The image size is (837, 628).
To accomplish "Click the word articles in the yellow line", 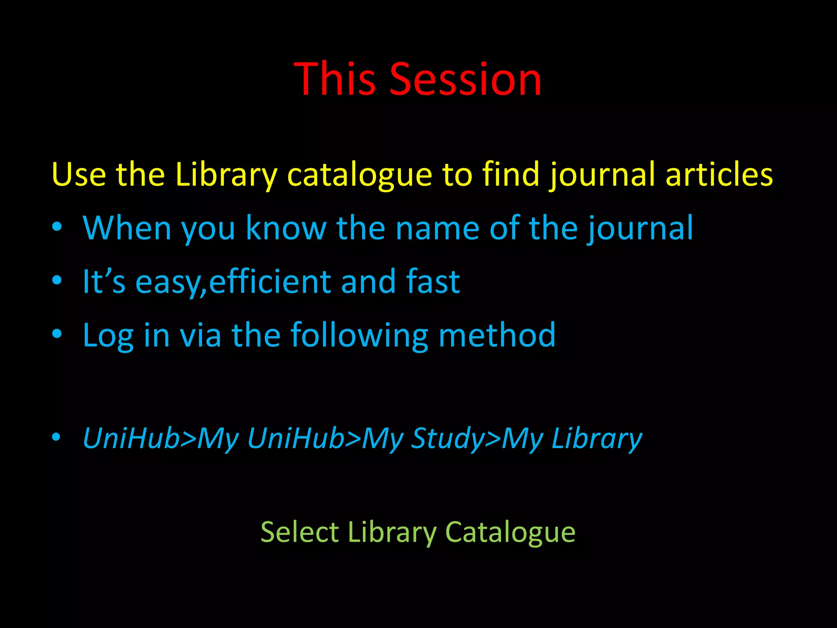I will point(719,174).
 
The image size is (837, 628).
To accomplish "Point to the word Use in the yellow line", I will point(79,174).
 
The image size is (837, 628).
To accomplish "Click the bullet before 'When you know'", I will point(57,227).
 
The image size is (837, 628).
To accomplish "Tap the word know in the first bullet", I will point(286,228).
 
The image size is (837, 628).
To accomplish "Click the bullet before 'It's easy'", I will point(57,280).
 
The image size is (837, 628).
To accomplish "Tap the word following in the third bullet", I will point(359,335).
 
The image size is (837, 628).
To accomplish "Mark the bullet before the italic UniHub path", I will point(57,437).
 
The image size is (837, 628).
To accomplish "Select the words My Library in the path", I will point(572,438).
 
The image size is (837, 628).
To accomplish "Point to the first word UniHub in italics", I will point(131,438).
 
